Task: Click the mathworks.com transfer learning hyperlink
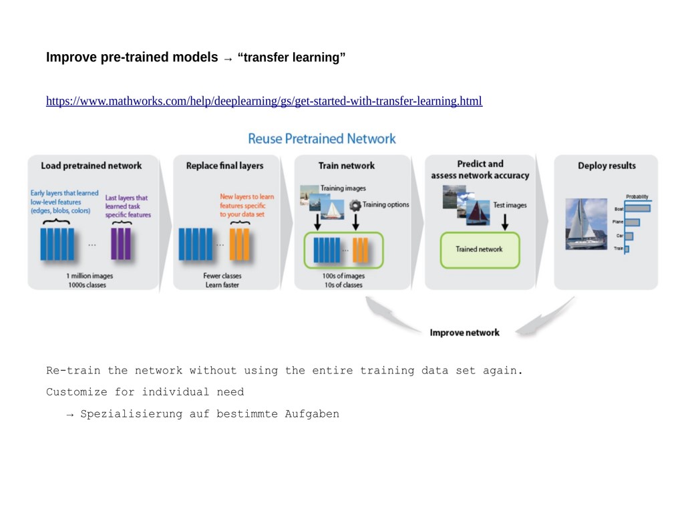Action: click(x=264, y=102)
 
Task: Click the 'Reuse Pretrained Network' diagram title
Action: click(x=322, y=139)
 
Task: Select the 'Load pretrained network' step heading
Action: click(x=92, y=166)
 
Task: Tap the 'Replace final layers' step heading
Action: click(x=224, y=166)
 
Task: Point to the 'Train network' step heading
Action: click(x=347, y=166)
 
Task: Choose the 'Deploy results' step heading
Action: click(x=607, y=166)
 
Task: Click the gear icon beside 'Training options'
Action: click(x=355, y=205)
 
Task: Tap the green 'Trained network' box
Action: click(x=479, y=250)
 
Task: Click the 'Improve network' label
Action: click(x=464, y=333)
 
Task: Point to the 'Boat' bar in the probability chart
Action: click(x=637, y=209)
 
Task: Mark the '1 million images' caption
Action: click(x=90, y=276)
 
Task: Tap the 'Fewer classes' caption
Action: click(x=222, y=276)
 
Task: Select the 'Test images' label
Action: click(x=510, y=205)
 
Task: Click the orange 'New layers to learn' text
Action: click(x=247, y=197)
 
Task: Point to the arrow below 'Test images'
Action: click(x=505, y=222)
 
